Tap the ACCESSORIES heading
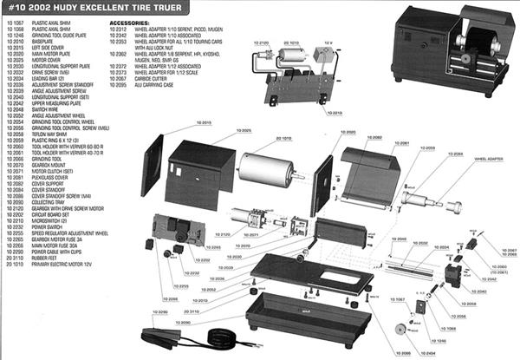coord(130,17)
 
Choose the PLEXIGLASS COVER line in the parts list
coord(53,176)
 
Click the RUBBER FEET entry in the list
coord(44,258)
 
